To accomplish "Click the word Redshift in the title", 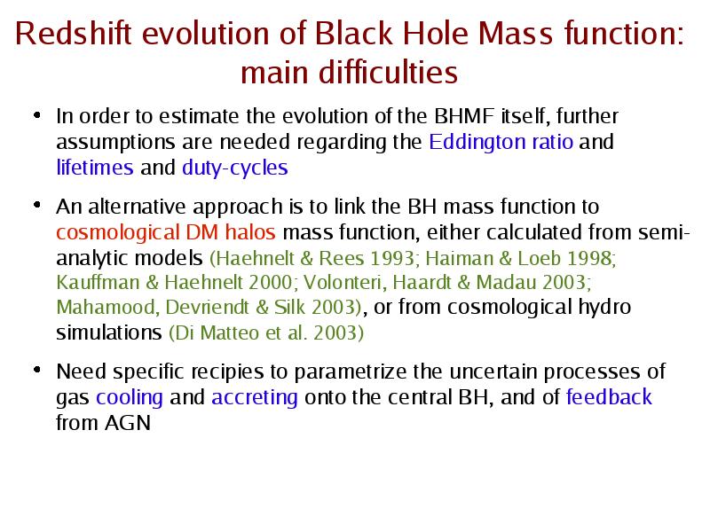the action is point(73,33).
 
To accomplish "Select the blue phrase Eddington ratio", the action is point(501,142).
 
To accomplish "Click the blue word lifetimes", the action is point(95,168).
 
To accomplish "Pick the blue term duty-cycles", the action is point(235,168).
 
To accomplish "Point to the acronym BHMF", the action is point(464,116).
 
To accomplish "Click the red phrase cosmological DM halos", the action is point(166,233).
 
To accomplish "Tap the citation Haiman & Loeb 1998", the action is point(518,258).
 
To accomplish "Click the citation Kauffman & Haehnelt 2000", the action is point(174,282).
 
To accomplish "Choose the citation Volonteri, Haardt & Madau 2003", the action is point(446,282).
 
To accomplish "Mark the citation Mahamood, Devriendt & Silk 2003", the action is point(206,307).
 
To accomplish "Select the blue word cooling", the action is point(130,397).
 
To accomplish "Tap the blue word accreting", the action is point(255,397).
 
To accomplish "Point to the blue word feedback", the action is point(609,396).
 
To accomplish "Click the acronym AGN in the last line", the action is point(128,423).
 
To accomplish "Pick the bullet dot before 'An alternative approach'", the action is point(37,206).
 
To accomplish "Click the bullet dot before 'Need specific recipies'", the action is point(37,370).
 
